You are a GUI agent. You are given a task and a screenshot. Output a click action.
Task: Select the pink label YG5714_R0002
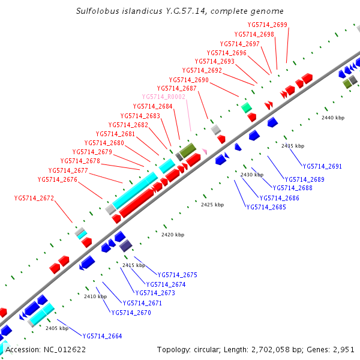[x=163, y=97]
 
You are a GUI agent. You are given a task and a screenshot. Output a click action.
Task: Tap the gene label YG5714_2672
[x=34, y=198]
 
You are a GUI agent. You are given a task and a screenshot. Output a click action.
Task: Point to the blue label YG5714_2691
[x=322, y=166]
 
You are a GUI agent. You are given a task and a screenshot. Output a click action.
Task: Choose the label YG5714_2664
[x=102, y=336]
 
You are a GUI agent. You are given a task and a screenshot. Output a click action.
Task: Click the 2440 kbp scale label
[x=333, y=118]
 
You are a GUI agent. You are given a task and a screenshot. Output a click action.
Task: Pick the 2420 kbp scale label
[x=173, y=235]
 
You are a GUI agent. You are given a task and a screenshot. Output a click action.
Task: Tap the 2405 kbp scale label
[x=57, y=328]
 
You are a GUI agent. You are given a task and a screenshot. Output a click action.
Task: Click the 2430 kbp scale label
[x=251, y=175]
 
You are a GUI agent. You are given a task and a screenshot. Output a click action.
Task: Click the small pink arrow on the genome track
[x=205, y=151]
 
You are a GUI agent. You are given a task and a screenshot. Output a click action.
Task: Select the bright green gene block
[x=245, y=107]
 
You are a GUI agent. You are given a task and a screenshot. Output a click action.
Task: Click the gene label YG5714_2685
[x=266, y=207]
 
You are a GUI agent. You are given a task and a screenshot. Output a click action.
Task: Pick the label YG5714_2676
[x=57, y=179]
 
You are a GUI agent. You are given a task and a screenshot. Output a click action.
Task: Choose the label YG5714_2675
[x=178, y=275]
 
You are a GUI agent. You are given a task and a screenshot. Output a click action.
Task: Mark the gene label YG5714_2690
[x=188, y=80]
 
